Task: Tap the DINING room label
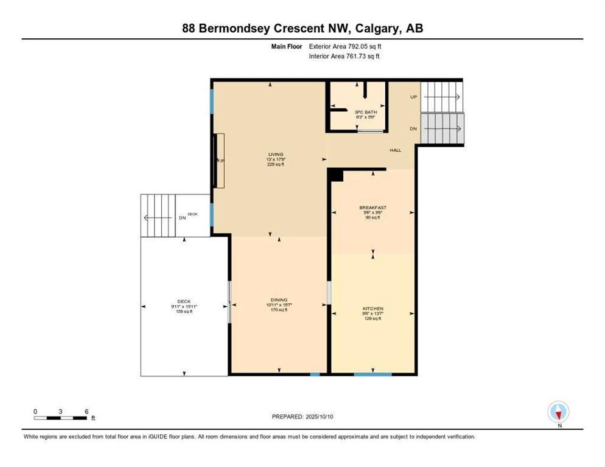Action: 279,300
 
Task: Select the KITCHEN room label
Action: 372,309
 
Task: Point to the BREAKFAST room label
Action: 372,208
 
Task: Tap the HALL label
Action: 396,150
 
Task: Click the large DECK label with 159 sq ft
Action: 184,301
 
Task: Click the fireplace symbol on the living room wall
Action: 220,161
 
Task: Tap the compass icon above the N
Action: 558,412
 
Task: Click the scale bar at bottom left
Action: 61,418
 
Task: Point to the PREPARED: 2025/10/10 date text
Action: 303,417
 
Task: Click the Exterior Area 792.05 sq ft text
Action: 346,46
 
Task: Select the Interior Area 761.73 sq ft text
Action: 345,57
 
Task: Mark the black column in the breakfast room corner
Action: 336,175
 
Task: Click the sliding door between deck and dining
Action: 229,302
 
